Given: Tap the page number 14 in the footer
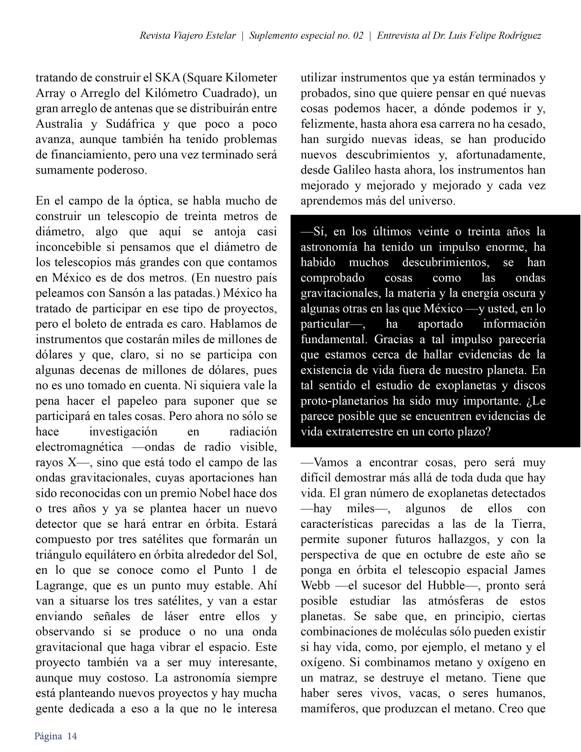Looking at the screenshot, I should click(x=72, y=736).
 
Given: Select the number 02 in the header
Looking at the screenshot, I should click(x=358, y=36).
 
